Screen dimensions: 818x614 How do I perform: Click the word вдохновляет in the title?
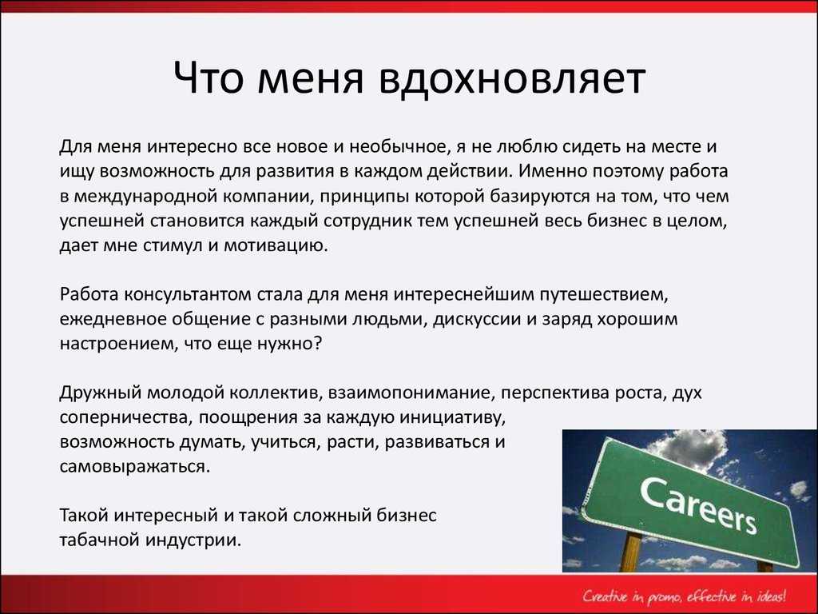click(513, 78)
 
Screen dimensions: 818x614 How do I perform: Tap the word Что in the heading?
click(208, 78)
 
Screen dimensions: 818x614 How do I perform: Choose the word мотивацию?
click(276, 246)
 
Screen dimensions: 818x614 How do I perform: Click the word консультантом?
click(188, 294)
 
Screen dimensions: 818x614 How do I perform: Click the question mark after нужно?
click(316, 343)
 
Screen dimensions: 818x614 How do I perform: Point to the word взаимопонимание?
click(411, 393)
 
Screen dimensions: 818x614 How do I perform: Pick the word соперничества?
click(125, 417)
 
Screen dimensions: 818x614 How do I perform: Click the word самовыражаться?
click(134, 466)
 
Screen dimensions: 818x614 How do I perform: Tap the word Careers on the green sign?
click(698, 505)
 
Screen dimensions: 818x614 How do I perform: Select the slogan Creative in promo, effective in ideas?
click(685, 596)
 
